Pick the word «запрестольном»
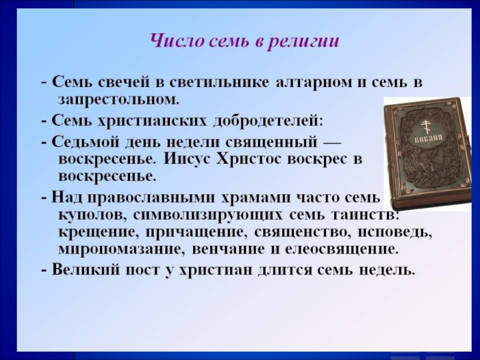[118, 100]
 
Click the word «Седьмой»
[83, 142]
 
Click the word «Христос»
[248, 160]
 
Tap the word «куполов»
[91, 215]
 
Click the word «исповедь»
[395, 232]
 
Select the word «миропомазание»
[122, 250]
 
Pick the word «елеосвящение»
[341, 250]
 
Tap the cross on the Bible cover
[425, 127]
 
